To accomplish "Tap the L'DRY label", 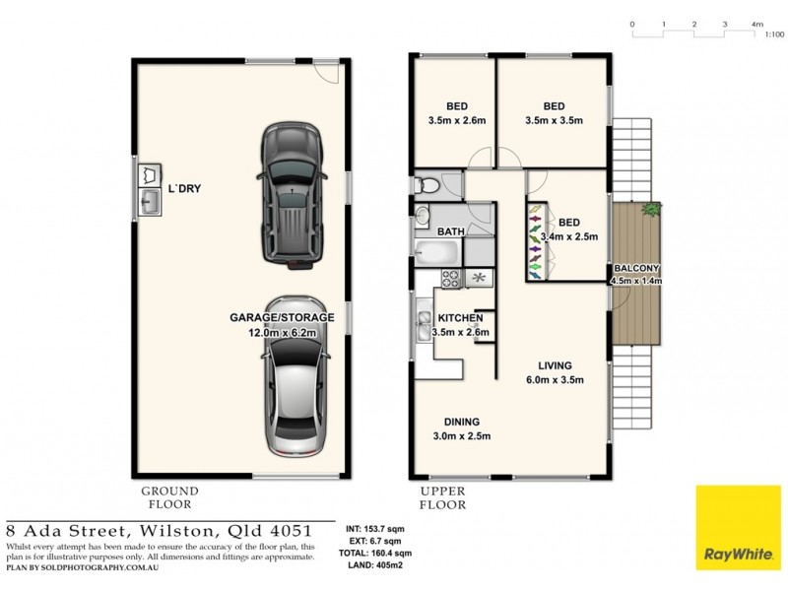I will point(184,188).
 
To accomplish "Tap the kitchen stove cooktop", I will point(450,279).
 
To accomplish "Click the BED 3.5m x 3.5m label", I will point(554,114).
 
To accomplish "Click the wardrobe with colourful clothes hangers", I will point(535,240).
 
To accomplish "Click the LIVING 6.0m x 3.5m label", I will point(556,371).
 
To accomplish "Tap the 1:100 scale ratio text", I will point(774,34).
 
